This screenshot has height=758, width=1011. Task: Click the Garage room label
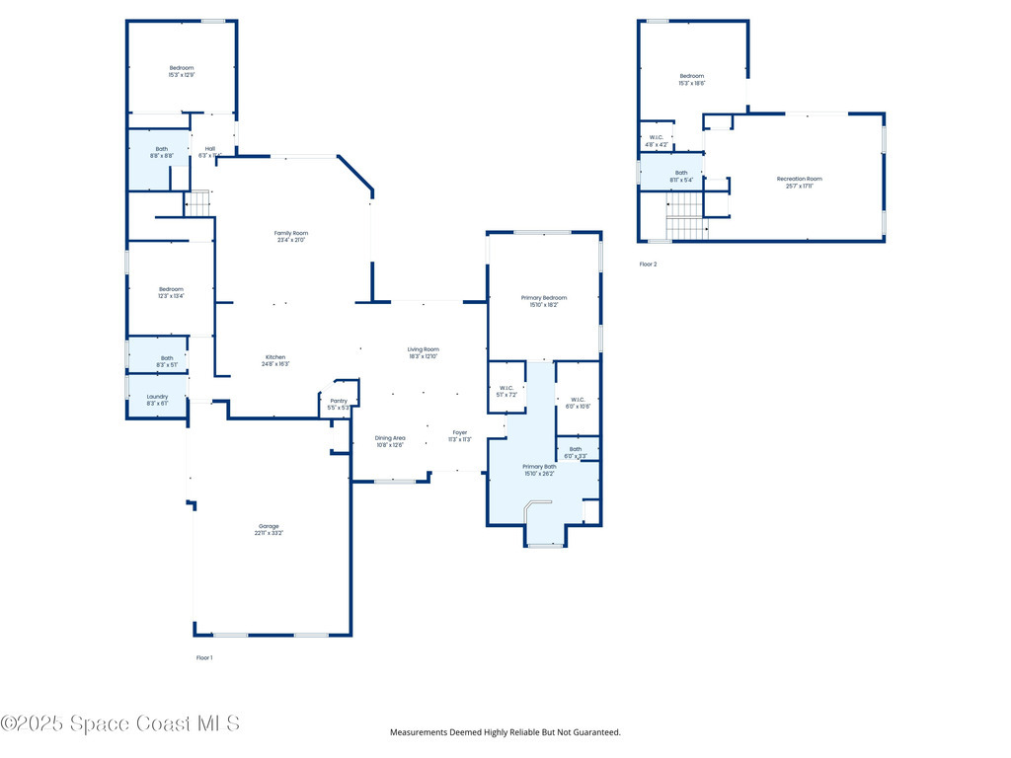(x=269, y=529)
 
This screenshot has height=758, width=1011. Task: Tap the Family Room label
(x=291, y=236)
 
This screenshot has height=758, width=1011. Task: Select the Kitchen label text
(x=275, y=360)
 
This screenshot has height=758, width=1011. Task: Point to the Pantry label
(x=339, y=404)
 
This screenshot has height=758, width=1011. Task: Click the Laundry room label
(x=157, y=400)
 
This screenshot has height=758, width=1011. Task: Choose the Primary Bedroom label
(x=544, y=300)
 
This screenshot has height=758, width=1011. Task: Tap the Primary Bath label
(x=539, y=469)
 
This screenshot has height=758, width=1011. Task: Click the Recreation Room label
(x=799, y=182)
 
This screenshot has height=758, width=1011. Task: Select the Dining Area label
(x=390, y=440)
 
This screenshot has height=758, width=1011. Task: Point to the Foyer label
(x=460, y=435)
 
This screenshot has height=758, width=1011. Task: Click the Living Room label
(x=424, y=352)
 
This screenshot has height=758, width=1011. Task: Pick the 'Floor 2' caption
(x=648, y=264)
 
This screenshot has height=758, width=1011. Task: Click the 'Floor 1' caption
(x=204, y=656)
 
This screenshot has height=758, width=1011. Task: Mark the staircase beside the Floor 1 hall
(x=199, y=203)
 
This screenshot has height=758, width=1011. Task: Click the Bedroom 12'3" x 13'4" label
(x=171, y=292)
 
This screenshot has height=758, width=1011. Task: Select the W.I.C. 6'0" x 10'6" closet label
(x=579, y=403)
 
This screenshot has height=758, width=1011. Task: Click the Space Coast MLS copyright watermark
(x=119, y=723)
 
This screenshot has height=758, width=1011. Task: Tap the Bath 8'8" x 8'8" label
(x=162, y=152)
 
